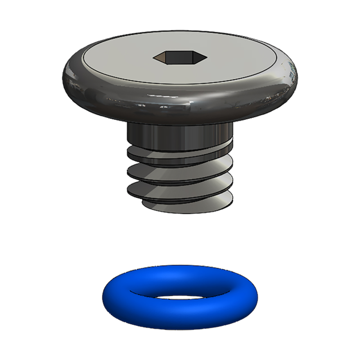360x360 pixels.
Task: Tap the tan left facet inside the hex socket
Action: coord(163,57)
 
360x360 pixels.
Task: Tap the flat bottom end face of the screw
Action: coord(180,207)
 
